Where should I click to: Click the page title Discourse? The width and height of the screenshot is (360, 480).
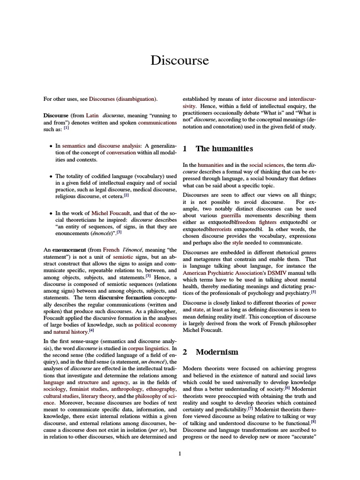click(180, 60)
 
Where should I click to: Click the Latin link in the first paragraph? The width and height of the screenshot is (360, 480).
click(92, 115)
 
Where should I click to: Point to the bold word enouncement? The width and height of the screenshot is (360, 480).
click(65, 250)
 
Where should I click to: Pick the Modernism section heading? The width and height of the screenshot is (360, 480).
click(217, 352)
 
